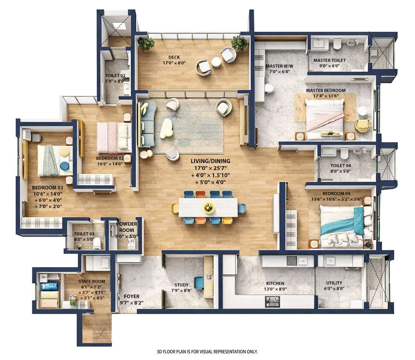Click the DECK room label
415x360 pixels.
[174, 58]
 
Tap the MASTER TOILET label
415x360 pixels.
[329, 60]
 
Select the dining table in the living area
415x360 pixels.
[208, 208]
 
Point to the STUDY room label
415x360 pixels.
[181, 285]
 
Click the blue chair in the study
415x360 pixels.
[199, 283]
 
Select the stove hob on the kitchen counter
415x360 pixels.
[272, 301]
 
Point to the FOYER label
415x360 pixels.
[131, 296]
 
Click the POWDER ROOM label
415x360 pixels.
[127, 227]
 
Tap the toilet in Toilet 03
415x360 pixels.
[97, 243]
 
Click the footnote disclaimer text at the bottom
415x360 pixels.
[207, 352]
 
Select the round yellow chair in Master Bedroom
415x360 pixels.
[362, 125]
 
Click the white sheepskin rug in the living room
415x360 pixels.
[166, 128]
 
